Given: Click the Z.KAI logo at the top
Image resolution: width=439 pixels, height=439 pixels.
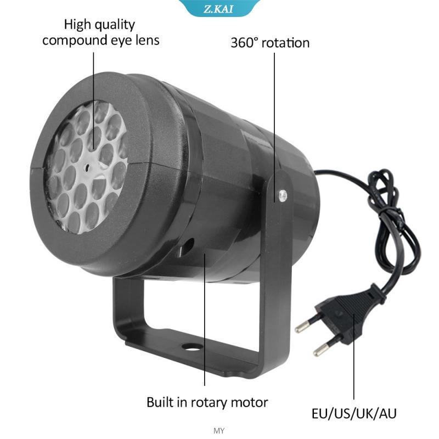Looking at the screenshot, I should pyautogui.click(x=219, y=8).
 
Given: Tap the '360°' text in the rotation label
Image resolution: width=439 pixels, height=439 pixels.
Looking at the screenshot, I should pyautogui.click(x=245, y=43).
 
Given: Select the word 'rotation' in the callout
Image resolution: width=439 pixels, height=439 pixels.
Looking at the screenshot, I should pyautogui.click(x=286, y=43).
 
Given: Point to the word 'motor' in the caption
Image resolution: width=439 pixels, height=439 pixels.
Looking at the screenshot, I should pyautogui.click(x=247, y=402).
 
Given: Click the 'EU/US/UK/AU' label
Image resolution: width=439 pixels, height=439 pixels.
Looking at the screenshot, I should pyautogui.click(x=354, y=413).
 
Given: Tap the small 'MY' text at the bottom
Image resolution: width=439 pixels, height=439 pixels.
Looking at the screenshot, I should pyautogui.click(x=219, y=431).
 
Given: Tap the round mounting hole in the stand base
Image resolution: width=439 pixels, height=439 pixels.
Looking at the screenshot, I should pyautogui.click(x=190, y=347).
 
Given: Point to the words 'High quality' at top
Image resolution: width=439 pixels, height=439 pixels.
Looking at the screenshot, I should pyautogui.click(x=99, y=25).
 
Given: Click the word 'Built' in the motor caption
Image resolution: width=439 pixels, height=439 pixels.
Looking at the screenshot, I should pyautogui.click(x=160, y=402).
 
